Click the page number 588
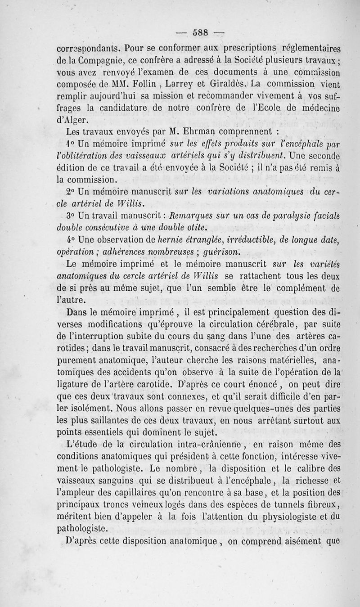[x=199, y=32]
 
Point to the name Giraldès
[x=225, y=84]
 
